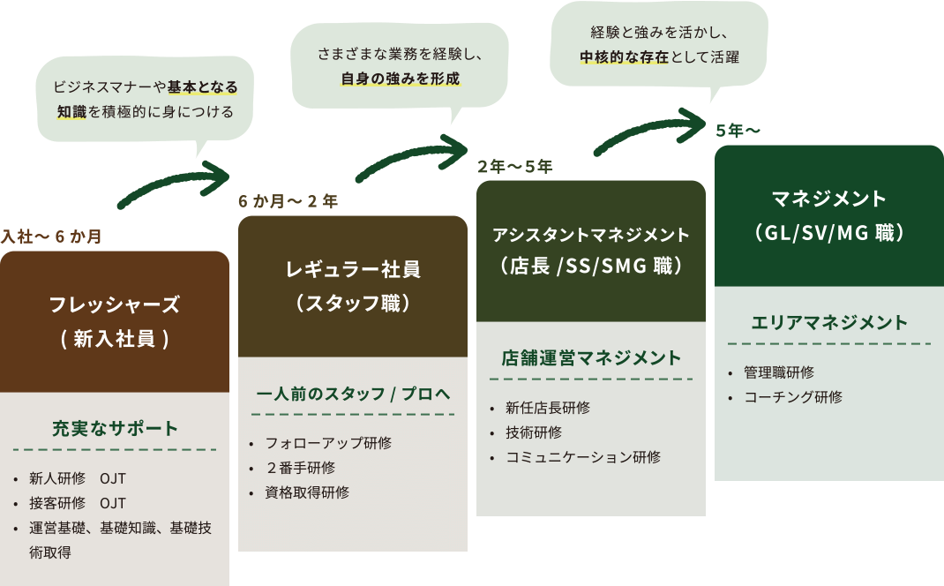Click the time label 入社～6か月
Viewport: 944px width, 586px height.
pyautogui.click(x=51, y=237)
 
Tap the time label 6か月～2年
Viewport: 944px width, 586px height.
pyautogui.click(x=288, y=201)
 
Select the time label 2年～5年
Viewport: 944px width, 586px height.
pyautogui.click(x=514, y=166)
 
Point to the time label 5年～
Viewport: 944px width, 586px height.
pyautogui.click(x=738, y=131)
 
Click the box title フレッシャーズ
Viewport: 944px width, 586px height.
pyautogui.click(x=115, y=305)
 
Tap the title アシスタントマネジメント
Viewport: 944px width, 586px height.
pyautogui.click(x=591, y=235)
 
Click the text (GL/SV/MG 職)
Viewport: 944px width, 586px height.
pyautogui.click(x=829, y=233)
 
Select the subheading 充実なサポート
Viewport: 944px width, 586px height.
pyautogui.click(x=115, y=429)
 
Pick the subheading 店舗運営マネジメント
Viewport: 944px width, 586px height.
pyautogui.click(x=591, y=357)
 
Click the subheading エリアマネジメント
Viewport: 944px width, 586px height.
pyautogui.click(x=829, y=322)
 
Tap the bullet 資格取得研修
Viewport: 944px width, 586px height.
pyautogui.click(x=307, y=492)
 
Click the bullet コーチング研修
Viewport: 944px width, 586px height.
pyautogui.click(x=792, y=397)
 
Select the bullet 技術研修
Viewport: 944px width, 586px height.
pyautogui.click(x=533, y=432)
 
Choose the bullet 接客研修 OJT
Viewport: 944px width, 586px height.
pyautogui.click(x=78, y=503)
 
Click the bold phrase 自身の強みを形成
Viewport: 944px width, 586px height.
pyautogui.click(x=401, y=79)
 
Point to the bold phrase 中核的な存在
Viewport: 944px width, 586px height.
pyautogui.click(x=624, y=57)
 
